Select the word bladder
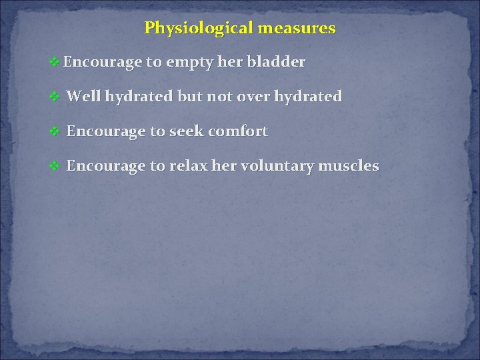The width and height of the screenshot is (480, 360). click(x=276, y=63)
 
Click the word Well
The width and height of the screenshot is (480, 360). click(x=83, y=97)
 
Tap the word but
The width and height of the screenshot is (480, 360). click(x=189, y=97)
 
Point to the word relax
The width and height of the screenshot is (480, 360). click(x=189, y=166)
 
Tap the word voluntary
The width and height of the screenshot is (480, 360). click(x=273, y=166)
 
